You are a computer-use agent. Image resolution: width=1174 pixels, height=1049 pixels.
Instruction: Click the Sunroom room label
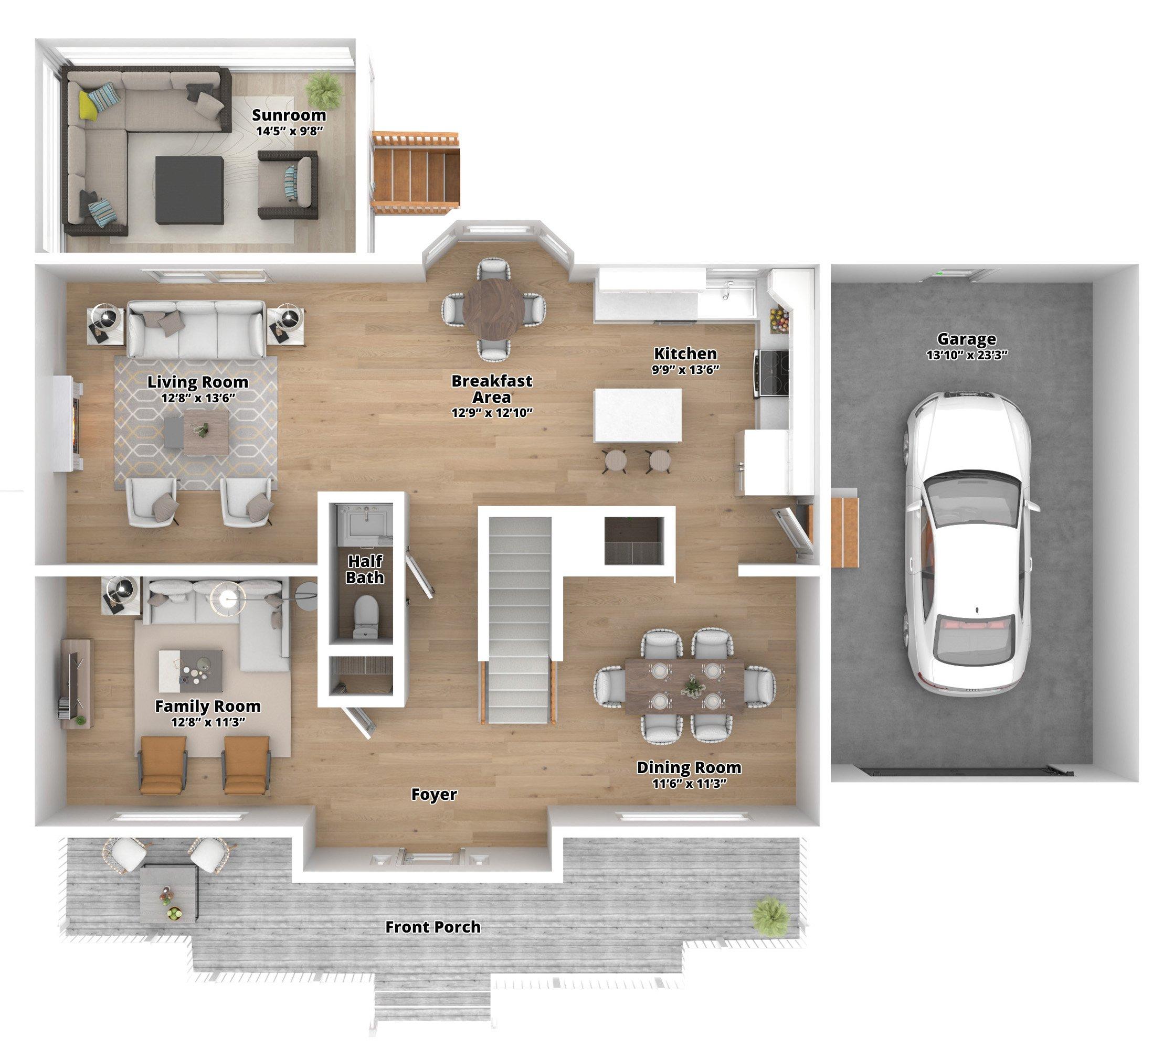tap(289, 115)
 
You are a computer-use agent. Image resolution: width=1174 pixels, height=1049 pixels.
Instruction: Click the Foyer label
tap(433, 794)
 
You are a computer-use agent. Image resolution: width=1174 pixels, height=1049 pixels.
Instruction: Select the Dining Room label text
tap(689, 767)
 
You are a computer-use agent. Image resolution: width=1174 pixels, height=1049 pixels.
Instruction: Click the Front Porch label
tap(432, 927)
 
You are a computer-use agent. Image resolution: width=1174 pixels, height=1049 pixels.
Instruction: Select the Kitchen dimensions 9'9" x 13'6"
tap(685, 369)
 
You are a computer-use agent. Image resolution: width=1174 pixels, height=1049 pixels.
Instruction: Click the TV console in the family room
tap(77, 683)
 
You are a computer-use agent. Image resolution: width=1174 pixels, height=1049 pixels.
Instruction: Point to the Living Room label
tap(197, 381)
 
